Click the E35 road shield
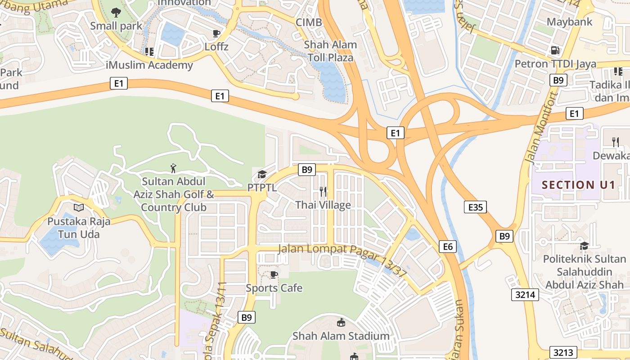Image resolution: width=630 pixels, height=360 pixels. click(475, 207)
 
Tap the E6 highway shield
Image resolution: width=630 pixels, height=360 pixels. click(448, 246)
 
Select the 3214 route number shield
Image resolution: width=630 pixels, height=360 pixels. click(525, 295)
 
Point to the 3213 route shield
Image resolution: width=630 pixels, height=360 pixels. click(562, 352)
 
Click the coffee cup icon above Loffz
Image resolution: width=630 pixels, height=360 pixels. click(216, 33)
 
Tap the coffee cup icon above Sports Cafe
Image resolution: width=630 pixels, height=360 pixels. click(274, 274)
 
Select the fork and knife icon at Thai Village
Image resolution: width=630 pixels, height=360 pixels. click(323, 192)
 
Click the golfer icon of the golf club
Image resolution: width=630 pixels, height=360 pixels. click(173, 168)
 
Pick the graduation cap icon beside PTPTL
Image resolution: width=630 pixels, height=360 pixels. click(262, 174)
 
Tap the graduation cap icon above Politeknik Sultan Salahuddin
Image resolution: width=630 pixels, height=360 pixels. click(584, 246)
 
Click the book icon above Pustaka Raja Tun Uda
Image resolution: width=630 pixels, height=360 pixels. click(79, 208)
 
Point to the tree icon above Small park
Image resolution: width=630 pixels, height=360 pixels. click(116, 12)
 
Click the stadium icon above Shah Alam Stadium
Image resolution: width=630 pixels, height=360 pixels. click(341, 322)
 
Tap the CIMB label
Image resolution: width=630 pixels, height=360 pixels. click(309, 22)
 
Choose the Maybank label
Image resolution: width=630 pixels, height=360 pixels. click(569, 22)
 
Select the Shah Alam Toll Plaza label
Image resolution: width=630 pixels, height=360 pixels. click(330, 51)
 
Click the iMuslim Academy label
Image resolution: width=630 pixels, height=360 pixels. click(149, 65)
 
